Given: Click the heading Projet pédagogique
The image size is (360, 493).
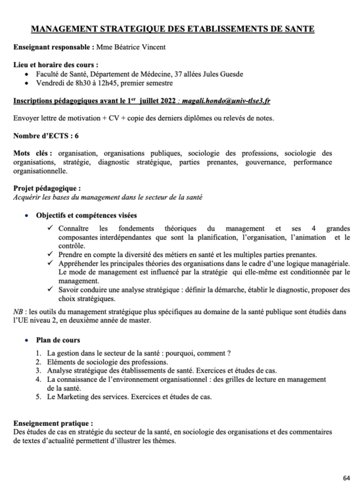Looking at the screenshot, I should (47, 188).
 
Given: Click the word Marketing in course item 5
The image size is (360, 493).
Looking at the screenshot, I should (74, 396).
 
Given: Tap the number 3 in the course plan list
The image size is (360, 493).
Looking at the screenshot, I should (39, 370).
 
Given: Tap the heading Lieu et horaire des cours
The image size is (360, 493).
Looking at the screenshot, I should (56, 65).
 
